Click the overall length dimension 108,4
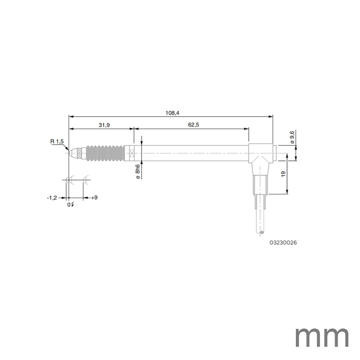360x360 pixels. click(x=171, y=112)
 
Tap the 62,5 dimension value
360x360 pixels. click(x=193, y=125)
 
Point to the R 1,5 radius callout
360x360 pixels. click(x=57, y=141)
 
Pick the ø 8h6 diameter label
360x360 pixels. click(x=138, y=171)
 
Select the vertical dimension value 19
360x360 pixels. click(x=283, y=174)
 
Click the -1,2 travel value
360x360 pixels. click(x=52, y=197)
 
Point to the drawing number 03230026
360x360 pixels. click(x=283, y=243)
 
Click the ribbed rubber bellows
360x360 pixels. click(x=104, y=153)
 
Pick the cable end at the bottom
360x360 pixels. click(x=262, y=233)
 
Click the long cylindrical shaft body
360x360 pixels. click(x=192, y=153)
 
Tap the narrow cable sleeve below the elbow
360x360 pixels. click(x=259, y=185)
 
